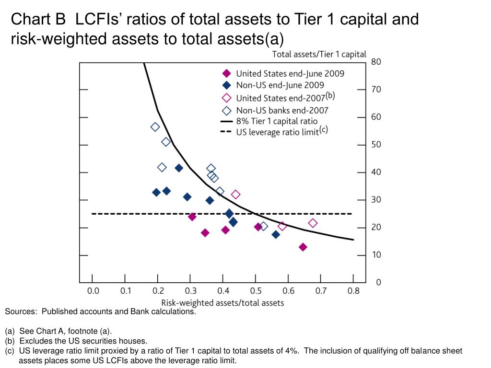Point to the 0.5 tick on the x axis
tap(256, 290)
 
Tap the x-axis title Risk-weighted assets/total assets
tap(222, 302)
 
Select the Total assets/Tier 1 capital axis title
tap(319, 54)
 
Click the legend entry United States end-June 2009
tap(290, 73)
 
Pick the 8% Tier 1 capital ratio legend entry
tap(276, 121)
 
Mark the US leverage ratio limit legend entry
tap(277, 132)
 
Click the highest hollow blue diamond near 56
tap(155, 127)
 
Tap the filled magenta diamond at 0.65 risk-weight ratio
tap(303, 247)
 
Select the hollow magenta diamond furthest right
tap(313, 223)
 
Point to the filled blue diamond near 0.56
tap(276, 234)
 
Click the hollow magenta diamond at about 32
tap(235, 195)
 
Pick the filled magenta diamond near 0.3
tap(192, 217)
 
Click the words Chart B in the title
tap(38, 19)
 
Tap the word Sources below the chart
tap(20, 311)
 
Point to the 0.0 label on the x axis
tap(93, 290)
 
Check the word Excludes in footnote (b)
tap(35, 341)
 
